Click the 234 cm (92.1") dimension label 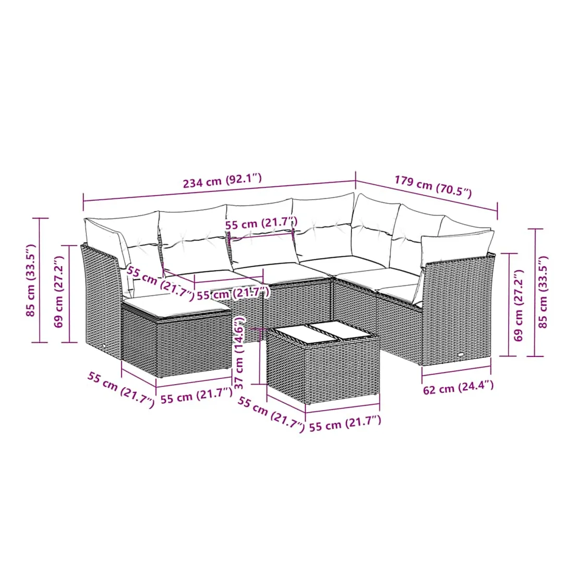click(222, 181)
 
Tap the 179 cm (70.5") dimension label click(433, 186)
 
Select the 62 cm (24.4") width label click(458, 387)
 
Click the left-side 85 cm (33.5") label click(31, 280)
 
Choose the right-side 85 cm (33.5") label click(543, 292)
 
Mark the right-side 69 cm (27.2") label click(518, 305)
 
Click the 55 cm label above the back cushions click(261, 223)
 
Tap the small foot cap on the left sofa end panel click(102, 345)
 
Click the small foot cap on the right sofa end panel click(459, 354)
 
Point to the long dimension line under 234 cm click(219, 190)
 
